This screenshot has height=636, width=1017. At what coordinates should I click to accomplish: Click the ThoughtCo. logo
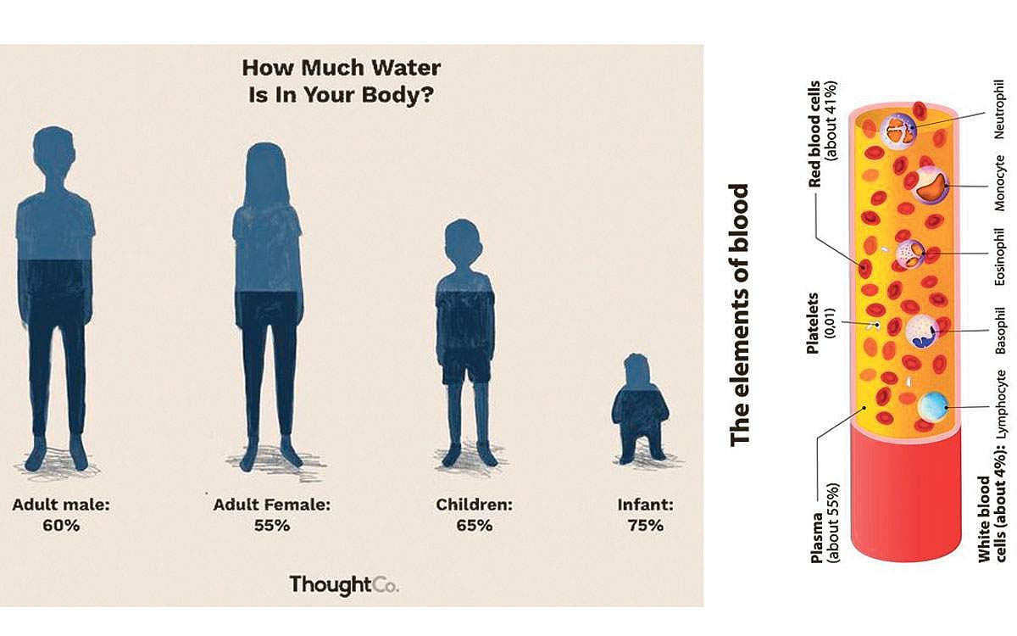pos(344,584)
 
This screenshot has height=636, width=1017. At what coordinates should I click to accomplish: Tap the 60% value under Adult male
pos(61,525)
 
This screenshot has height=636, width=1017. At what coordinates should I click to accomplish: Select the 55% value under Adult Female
pos(271,525)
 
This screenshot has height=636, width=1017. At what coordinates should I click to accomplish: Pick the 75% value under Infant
pos(645,525)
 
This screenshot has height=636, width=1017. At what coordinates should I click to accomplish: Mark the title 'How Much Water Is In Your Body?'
pos(341,81)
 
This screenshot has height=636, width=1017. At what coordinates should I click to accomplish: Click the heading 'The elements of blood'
pos(740,314)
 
